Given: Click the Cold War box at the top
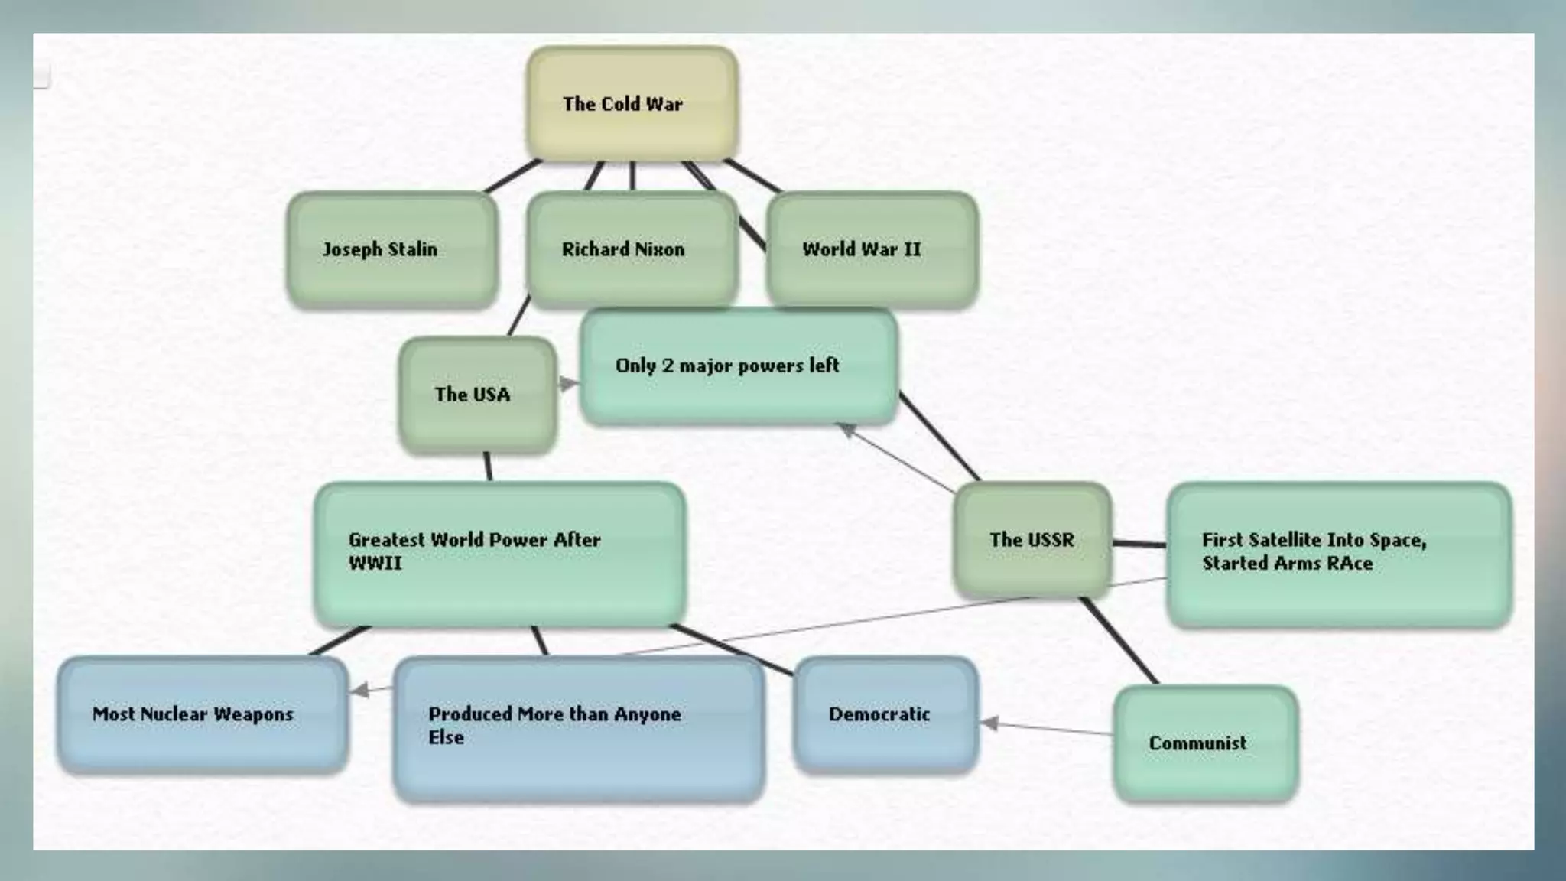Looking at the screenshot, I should point(632,103).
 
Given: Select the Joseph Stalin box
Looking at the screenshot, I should point(391,249).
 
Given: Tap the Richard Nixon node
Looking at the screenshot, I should point(632,249).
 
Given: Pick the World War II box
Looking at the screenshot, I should point(872,249).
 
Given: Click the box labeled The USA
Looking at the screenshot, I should point(477,395).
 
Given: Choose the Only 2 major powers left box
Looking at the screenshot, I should point(739,366).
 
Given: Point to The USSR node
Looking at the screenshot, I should point(1032,540).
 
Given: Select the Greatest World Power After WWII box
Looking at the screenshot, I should point(499,554).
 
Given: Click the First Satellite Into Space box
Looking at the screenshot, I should point(1338,554).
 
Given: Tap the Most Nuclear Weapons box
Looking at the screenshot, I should point(202,714).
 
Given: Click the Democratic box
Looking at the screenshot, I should point(885,714).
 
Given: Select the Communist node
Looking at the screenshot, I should point(1205,743).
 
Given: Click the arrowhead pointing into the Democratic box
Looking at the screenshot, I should point(989,723).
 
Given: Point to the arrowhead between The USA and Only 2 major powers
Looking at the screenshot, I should point(568,383).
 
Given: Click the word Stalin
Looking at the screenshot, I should point(412,249).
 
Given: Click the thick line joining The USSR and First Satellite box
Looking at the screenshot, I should point(1139,544).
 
